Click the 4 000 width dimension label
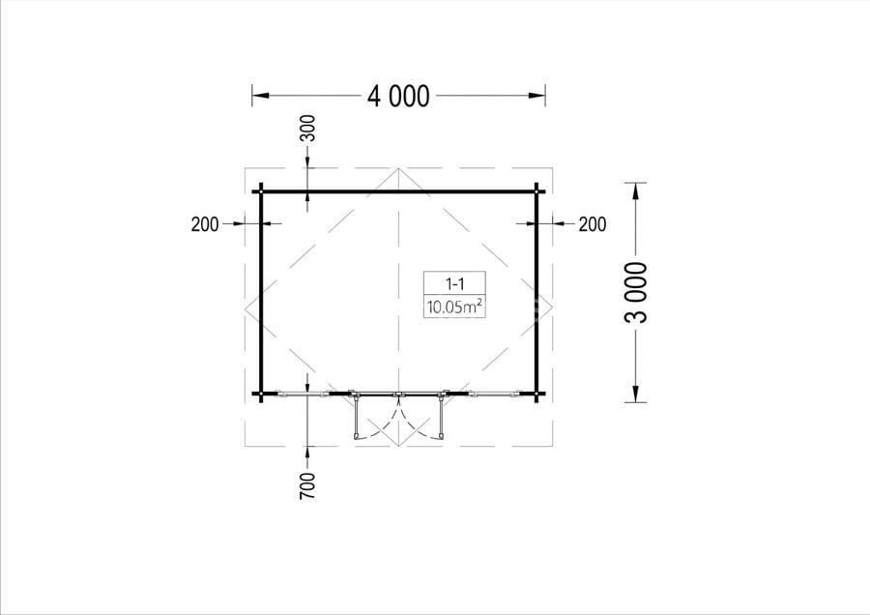(x=398, y=96)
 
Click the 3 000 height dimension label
(x=636, y=292)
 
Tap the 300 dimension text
(x=307, y=128)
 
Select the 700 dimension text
(x=307, y=485)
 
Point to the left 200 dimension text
(x=205, y=224)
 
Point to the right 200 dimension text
(x=593, y=224)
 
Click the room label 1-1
(x=455, y=284)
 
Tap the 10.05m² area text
(x=454, y=307)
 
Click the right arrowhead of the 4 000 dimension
(x=536, y=96)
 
